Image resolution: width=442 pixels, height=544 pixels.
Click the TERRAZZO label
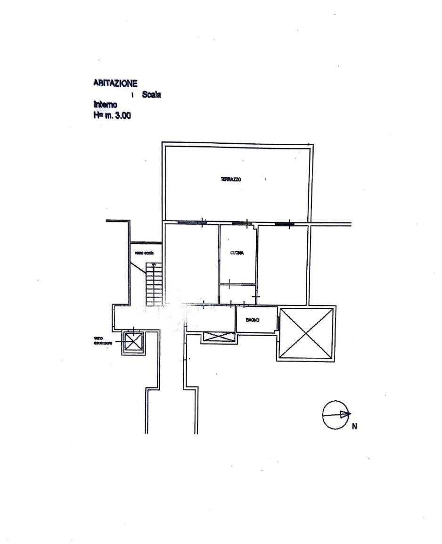pos(231,179)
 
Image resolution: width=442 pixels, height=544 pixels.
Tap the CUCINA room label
pos(237,253)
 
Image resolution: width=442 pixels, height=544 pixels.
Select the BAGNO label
pos(253,320)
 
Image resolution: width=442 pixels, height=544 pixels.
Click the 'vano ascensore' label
pos(103,340)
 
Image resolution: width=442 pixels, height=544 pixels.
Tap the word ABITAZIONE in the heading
pos(115,83)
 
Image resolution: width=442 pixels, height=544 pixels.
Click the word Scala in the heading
pos(151,95)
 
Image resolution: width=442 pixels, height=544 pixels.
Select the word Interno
pos(106,105)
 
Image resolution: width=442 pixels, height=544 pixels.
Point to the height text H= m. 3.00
pos(112,115)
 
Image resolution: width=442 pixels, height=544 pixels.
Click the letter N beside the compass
pos(354,427)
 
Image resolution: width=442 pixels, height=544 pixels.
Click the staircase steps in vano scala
pos(154,284)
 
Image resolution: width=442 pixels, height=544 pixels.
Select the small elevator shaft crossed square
pos(133,342)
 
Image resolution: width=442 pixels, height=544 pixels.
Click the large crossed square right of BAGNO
pos(306,333)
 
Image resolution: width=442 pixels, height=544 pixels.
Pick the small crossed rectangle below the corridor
pos(219,337)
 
